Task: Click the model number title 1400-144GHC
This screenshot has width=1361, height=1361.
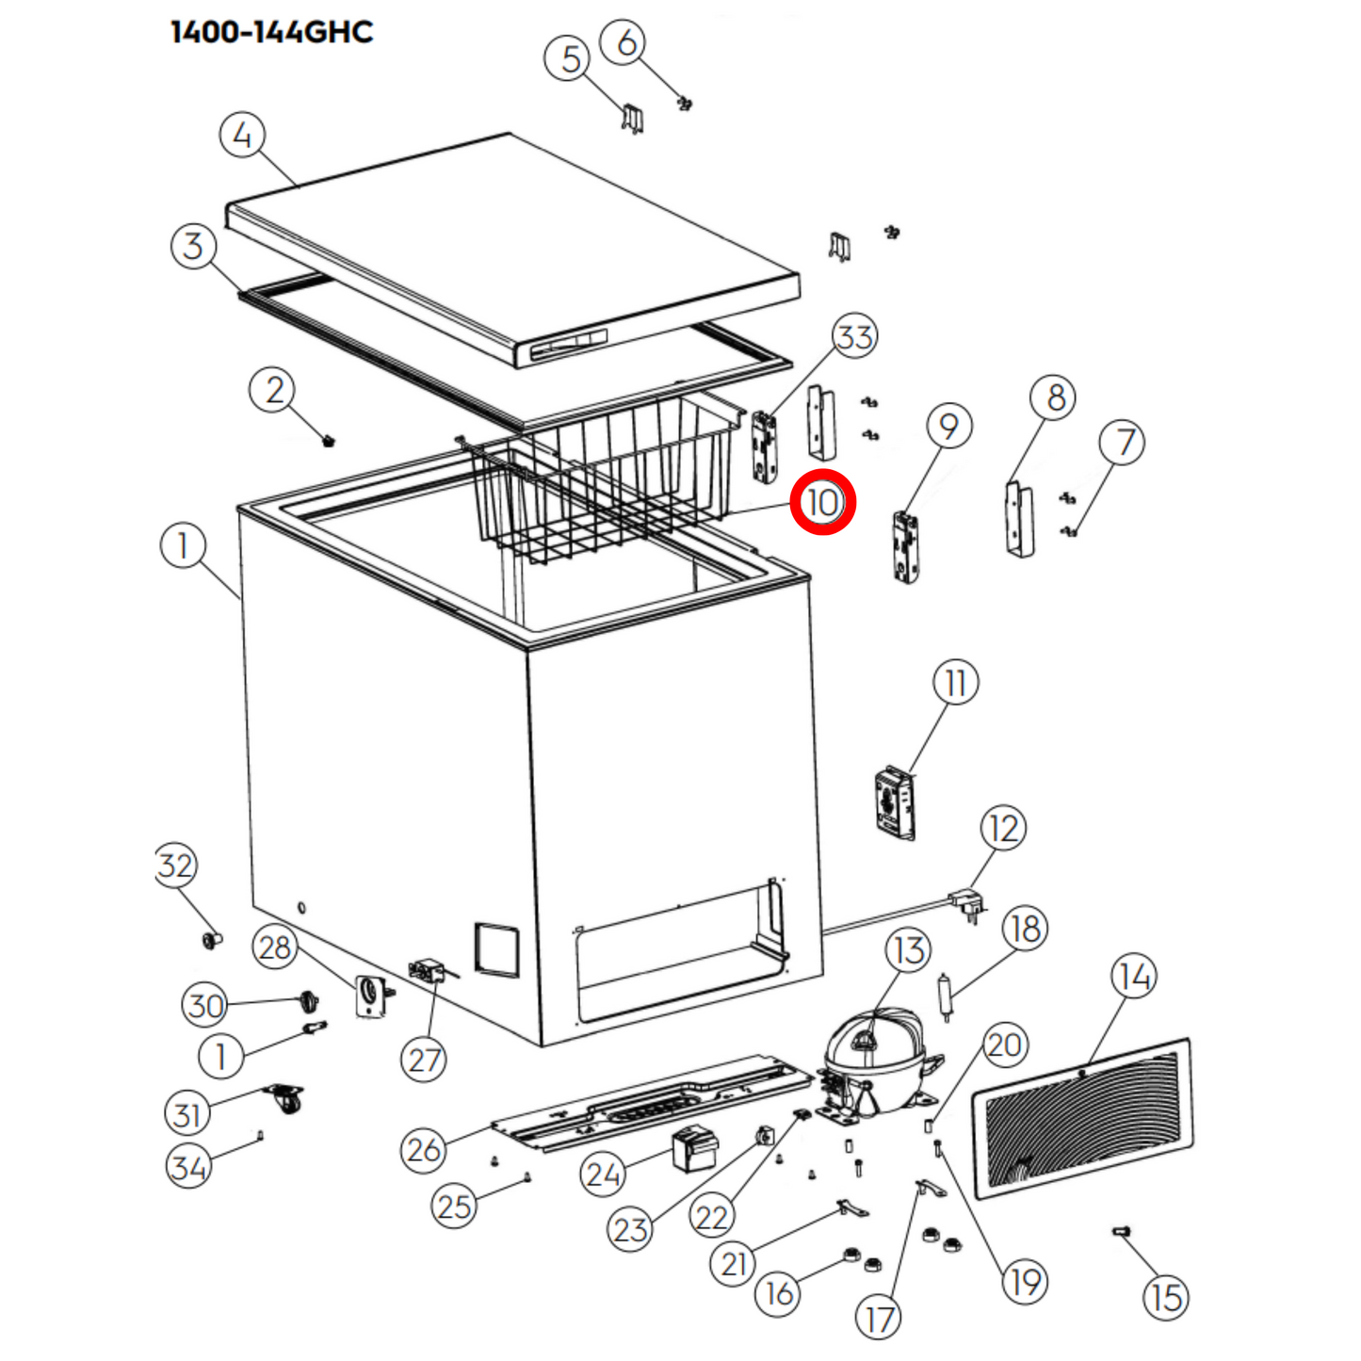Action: click(271, 32)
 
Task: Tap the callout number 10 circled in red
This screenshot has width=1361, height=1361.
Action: click(822, 502)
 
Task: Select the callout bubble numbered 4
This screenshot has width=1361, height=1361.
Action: click(242, 136)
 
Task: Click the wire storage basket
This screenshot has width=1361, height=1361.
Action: click(603, 476)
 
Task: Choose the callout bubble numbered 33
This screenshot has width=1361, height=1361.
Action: click(854, 336)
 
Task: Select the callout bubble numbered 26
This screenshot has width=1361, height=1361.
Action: click(423, 1149)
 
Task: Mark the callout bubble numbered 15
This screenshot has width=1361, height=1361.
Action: click(1165, 1297)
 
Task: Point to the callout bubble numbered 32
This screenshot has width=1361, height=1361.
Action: click(176, 865)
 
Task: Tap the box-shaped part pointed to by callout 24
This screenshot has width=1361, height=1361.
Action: click(693, 1148)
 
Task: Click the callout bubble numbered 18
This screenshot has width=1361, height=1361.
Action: click(1025, 929)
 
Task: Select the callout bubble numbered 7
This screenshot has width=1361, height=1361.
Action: click(1122, 442)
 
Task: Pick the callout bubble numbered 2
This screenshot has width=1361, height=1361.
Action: click(273, 390)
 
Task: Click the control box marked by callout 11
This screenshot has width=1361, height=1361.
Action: click(894, 803)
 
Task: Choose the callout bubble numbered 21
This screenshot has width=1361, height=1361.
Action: click(733, 1263)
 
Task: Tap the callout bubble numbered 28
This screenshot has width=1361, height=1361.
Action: click(274, 947)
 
